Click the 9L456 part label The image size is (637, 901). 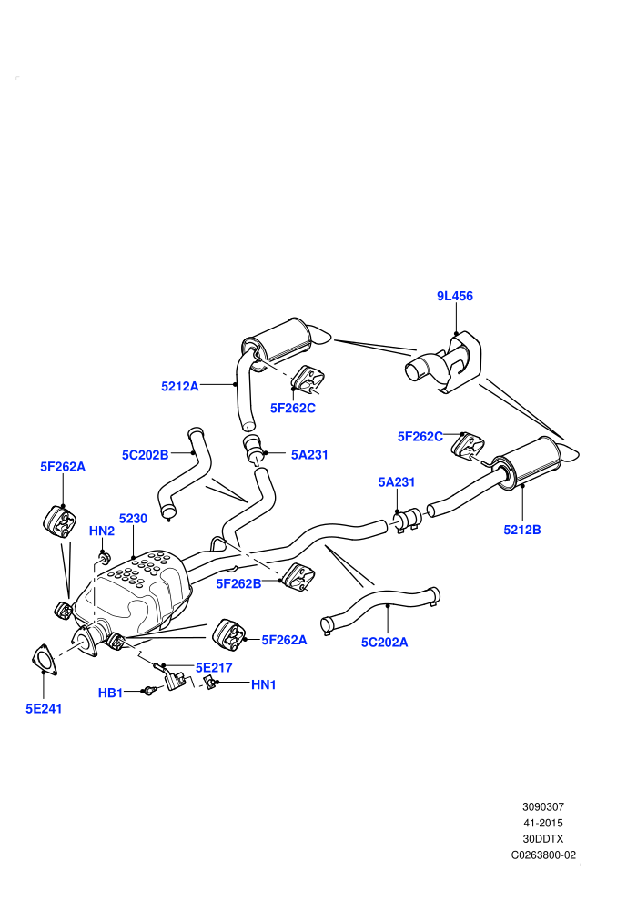click(454, 296)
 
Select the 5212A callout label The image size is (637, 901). click(180, 386)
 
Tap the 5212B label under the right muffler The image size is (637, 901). click(522, 530)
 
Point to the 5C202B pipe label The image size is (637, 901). click(145, 455)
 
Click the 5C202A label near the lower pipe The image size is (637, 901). click(384, 643)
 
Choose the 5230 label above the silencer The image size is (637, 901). click(133, 519)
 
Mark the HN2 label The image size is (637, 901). click(102, 531)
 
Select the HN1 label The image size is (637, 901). click(264, 685)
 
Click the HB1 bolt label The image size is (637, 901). click(110, 693)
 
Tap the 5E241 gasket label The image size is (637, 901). click(44, 709)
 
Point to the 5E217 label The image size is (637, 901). click(214, 668)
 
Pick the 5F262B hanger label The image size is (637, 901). click(238, 583)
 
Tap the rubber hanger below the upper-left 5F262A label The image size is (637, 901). click(60, 521)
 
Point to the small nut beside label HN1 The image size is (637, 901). click(209, 683)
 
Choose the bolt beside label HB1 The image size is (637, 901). click(149, 691)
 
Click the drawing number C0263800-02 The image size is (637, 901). click(543, 855)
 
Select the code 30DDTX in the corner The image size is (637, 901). click(543, 839)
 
